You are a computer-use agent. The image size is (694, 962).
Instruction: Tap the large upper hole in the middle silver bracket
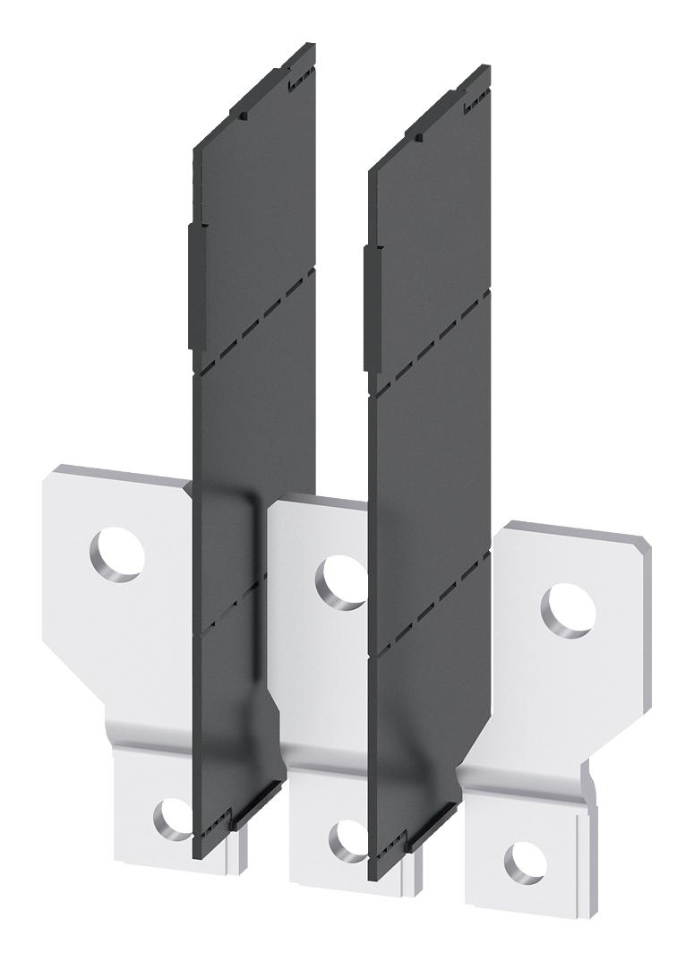pyautogui.click(x=342, y=582)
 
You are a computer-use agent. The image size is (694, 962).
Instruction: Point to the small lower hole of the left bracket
pyautogui.click(x=171, y=817)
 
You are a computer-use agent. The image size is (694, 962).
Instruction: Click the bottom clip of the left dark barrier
pyautogui.click(x=240, y=817)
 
